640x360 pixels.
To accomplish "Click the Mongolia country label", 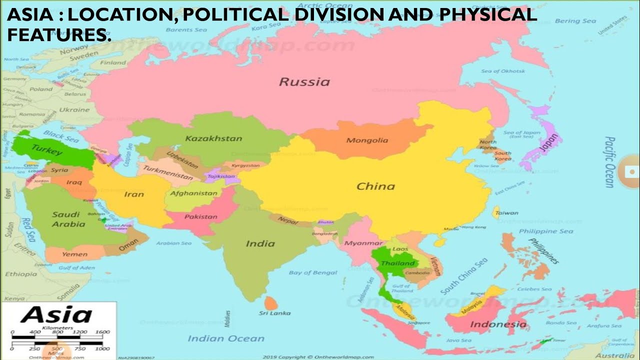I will coord(367,140).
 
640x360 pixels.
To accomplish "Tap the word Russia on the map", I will coord(304,81).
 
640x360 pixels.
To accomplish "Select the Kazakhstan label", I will coord(213,138).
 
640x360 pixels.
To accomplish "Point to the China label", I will coord(375,186).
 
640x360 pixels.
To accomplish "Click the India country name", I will coord(260,243).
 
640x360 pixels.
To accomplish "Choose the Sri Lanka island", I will coord(271,302).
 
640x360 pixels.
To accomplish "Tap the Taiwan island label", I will coord(506,213).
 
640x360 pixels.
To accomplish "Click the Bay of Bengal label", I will coord(313,272).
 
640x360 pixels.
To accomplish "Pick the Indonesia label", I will coord(498,324).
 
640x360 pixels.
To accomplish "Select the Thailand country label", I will coord(398,263).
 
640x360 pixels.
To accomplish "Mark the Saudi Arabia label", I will coord(68,219).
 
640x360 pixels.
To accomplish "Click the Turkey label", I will coord(46,149).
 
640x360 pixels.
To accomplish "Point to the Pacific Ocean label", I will coord(609,162).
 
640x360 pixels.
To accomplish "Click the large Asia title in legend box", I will coord(56,315).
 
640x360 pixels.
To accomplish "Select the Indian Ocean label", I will coord(226,338).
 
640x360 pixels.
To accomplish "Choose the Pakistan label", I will coord(201,216).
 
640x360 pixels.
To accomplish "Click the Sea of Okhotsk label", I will coord(503,71).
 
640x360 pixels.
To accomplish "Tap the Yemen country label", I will coord(74,254).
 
